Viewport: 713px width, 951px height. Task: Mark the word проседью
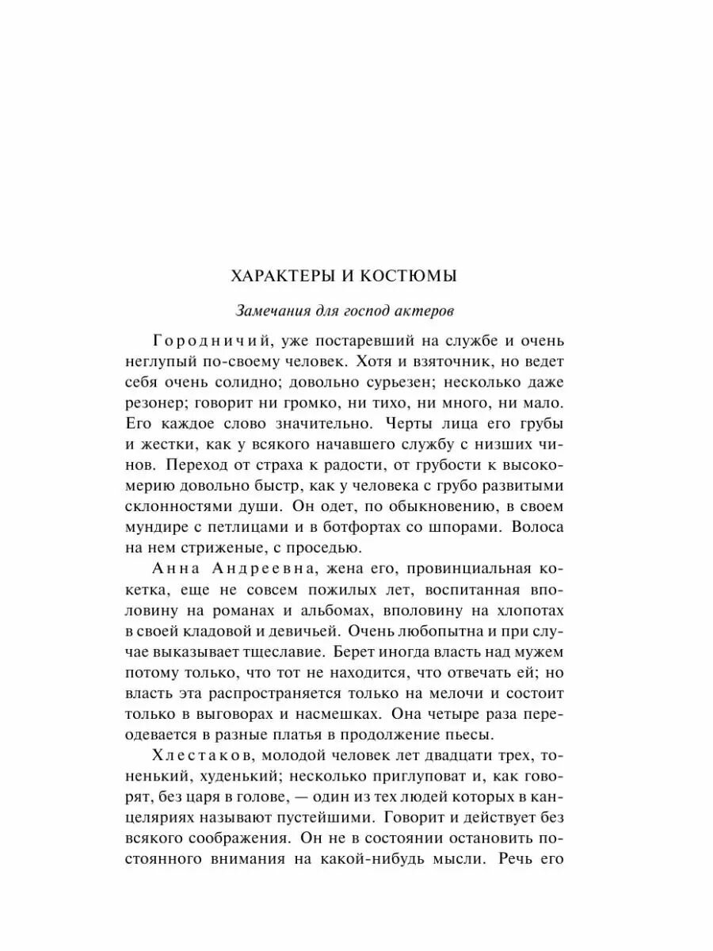pos(317,547)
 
